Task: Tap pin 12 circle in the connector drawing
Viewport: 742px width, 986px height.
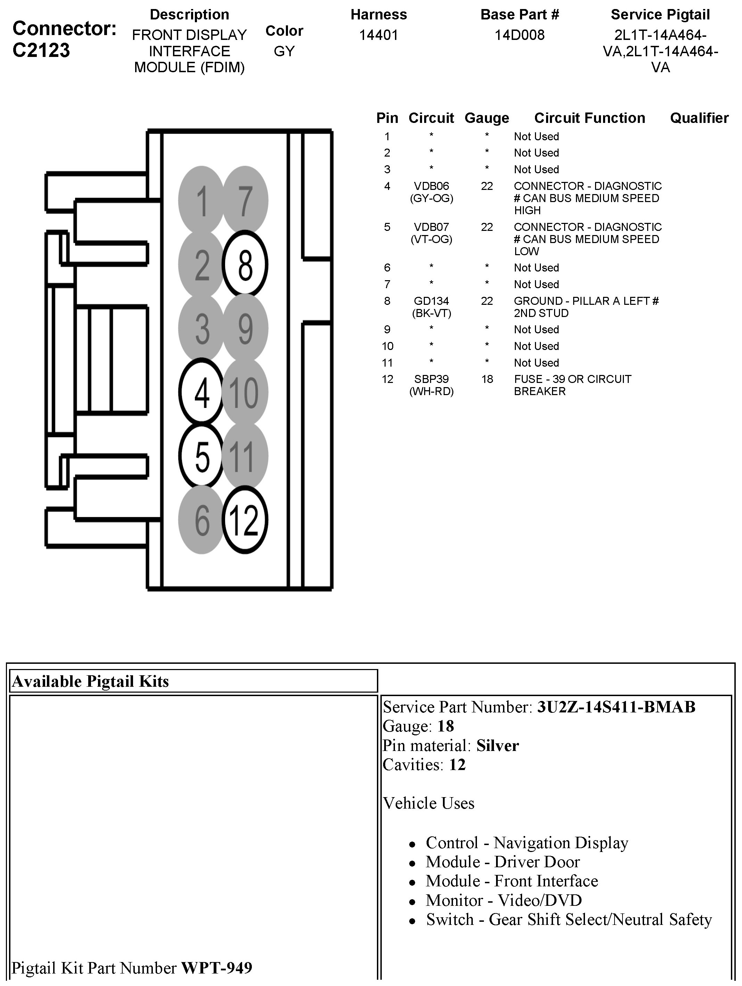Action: tap(245, 520)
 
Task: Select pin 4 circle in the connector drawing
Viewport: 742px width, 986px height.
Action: tap(201, 392)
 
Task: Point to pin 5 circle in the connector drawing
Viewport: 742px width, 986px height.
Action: tap(201, 456)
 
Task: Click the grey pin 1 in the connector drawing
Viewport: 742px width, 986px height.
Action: tap(201, 200)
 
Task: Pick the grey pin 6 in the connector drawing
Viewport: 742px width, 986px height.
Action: tap(201, 520)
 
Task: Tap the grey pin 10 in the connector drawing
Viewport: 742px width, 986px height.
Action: tap(245, 392)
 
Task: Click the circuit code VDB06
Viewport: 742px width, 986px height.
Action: tap(431, 186)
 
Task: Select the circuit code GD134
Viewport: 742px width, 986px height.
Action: tap(431, 301)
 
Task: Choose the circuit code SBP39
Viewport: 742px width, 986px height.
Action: tap(431, 379)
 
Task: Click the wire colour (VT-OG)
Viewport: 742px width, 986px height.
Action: tap(431, 239)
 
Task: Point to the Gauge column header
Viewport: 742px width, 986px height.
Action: tap(486, 118)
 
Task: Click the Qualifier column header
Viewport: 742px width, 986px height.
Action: tap(699, 118)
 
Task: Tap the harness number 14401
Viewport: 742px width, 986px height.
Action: tap(379, 35)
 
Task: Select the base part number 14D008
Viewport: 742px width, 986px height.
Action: tap(519, 35)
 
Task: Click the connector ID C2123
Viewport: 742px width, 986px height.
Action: tap(41, 50)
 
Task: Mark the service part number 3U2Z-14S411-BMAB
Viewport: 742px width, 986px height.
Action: tap(616, 707)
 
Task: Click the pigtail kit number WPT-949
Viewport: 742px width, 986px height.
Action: tap(216, 968)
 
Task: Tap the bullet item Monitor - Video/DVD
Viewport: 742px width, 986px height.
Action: tap(503, 900)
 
